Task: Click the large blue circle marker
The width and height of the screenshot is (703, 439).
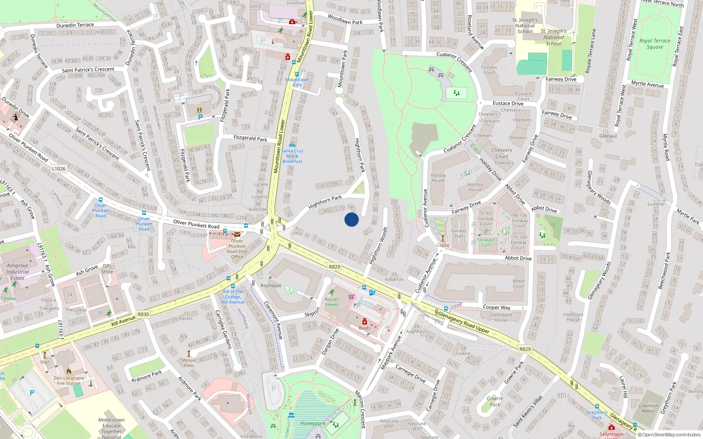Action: (351, 219)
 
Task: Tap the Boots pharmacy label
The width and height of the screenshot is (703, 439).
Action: (364, 328)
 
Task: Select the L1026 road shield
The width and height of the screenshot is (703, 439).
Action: (58, 169)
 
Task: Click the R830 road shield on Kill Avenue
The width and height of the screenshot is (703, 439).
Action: (143, 314)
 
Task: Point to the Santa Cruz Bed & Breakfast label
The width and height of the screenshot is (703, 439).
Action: (292, 156)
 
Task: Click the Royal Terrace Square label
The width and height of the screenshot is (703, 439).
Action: (655, 44)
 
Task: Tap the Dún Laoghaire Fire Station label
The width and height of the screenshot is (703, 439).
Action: (69, 381)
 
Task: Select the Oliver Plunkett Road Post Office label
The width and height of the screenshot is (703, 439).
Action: (237, 248)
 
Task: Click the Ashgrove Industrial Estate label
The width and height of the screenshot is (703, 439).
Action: (18, 272)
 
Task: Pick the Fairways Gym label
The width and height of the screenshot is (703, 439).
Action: (486, 242)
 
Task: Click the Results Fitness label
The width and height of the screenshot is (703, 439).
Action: (331, 302)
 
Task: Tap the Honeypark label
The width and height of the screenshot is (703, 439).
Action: (313, 424)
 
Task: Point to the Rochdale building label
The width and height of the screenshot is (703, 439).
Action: (271, 285)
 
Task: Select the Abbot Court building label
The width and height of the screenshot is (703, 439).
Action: (518, 284)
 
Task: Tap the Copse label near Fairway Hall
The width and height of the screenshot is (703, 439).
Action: (443, 245)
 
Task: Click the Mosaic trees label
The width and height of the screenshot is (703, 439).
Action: (189, 363)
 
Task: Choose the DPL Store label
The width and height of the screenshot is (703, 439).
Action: (107, 269)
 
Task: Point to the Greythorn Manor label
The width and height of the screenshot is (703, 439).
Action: (648, 408)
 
